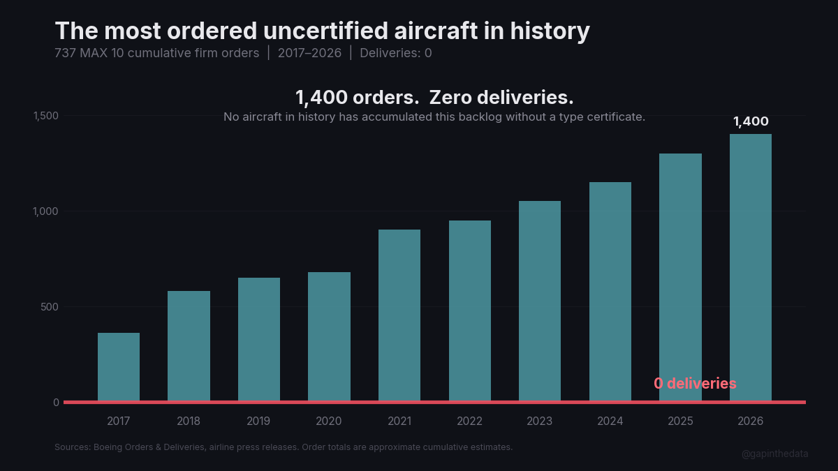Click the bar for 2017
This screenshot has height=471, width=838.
click(119, 367)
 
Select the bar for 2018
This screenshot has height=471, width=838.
click(189, 346)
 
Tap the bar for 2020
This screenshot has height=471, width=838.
click(329, 337)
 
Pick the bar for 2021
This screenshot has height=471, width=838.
click(399, 315)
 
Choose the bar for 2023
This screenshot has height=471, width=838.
click(540, 301)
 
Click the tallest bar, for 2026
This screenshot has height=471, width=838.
click(751, 268)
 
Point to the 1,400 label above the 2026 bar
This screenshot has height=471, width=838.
click(751, 121)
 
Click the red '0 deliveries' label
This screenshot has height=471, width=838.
click(695, 384)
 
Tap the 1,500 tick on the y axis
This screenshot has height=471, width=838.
click(47, 116)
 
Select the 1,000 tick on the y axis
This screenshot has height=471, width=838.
click(47, 211)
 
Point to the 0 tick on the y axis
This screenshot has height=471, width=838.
click(56, 403)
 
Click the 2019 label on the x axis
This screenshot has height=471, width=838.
click(259, 421)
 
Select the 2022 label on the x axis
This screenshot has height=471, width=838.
click(469, 421)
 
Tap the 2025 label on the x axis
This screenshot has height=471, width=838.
click(680, 421)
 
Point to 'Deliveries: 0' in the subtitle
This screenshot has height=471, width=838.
click(396, 53)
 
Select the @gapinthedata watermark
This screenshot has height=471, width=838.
click(774, 454)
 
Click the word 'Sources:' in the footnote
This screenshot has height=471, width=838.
click(72, 447)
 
